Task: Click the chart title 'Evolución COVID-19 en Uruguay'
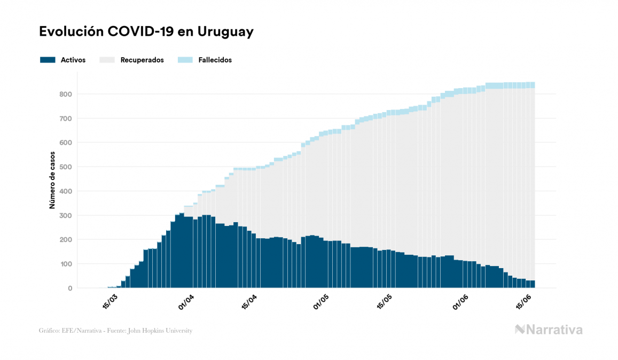(146, 32)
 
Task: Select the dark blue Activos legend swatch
(48, 60)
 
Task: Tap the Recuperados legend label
(142, 60)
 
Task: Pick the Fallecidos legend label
(215, 60)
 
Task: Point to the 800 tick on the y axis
(66, 95)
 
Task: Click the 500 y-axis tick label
(66, 167)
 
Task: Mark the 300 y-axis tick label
(66, 216)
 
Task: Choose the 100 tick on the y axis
(66, 264)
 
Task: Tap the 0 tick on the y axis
(69, 288)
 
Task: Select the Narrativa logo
(549, 330)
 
